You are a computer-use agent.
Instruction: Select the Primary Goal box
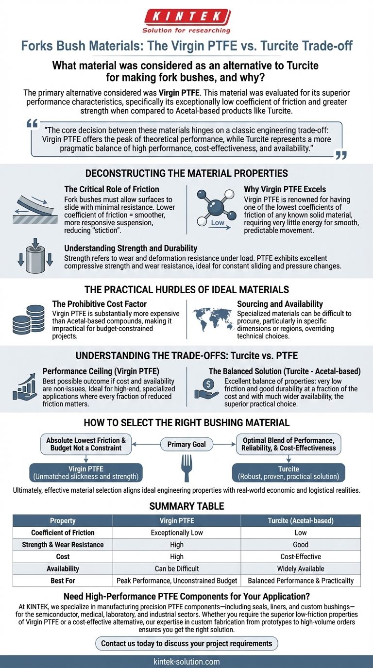[x=186, y=444]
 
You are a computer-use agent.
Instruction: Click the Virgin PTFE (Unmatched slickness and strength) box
[x=85, y=472]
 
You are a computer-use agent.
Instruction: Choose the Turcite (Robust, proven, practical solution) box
[x=288, y=472]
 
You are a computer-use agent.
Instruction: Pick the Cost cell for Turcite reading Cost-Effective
[x=301, y=556]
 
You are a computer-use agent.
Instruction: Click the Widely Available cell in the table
[x=301, y=568]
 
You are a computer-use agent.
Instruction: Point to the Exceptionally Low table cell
[x=177, y=533]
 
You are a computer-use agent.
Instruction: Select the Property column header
[x=63, y=520]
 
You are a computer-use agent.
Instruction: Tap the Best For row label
[x=63, y=580]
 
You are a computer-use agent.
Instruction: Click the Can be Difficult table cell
[x=177, y=568]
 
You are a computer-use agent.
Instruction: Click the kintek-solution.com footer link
[x=186, y=661]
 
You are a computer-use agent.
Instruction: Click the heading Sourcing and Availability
[x=280, y=304]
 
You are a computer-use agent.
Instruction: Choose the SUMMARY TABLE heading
[x=186, y=506]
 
